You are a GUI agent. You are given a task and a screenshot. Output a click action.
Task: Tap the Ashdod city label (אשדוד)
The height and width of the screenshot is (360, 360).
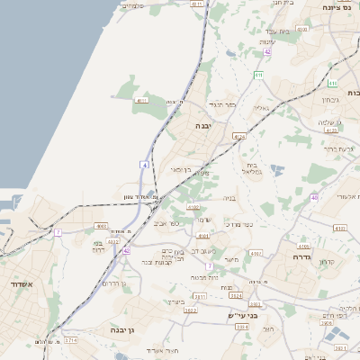click(x=19, y=284)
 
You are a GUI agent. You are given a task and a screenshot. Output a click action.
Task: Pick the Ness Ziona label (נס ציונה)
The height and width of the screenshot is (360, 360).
click(x=339, y=5)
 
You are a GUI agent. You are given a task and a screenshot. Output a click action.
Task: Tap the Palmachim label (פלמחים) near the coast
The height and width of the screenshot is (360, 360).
click(x=131, y=6)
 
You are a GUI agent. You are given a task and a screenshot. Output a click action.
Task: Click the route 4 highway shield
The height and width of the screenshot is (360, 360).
click(x=144, y=165)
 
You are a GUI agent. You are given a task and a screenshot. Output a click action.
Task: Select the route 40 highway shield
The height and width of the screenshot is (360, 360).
click(x=314, y=197)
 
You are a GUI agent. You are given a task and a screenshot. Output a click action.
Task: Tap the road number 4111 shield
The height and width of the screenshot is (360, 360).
click(x=141, y=102)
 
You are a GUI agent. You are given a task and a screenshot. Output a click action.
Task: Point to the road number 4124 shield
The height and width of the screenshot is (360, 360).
click(x=238, y=136)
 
